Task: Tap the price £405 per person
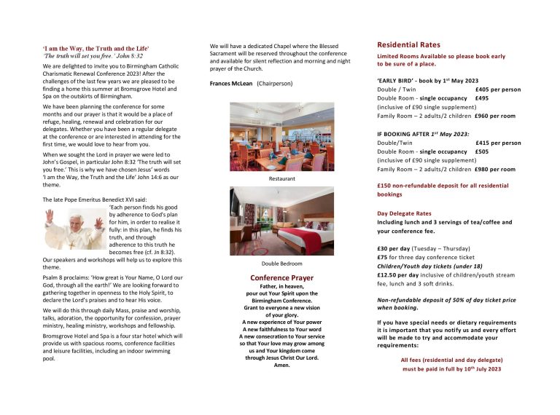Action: point(497,90)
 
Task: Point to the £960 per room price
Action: point(495,116)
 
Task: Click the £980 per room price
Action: point(495,170)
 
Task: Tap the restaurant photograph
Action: point(271,136)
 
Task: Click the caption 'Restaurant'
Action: point(271,178)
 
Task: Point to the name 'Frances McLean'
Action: point(230,84)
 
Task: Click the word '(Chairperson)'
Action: point(275,84)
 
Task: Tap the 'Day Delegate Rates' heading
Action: point(409,213)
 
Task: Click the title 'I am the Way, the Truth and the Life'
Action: point(90,48)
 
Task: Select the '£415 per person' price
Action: point(497,143)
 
